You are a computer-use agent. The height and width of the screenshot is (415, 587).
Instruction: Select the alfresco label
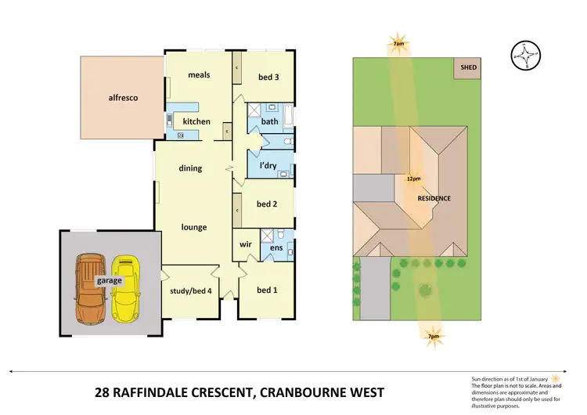pos(123,98)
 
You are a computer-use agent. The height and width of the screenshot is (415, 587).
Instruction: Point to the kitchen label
pos(196,121)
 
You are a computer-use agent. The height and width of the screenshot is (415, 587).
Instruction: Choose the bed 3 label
pos(268,76)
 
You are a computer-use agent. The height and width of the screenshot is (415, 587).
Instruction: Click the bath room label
pos(270,121)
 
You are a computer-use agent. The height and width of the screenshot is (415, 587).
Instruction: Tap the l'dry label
pos(268,166)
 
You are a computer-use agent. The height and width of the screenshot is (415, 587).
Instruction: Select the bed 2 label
pos(268,204)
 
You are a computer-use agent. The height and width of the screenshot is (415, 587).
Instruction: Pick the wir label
pos(245,245)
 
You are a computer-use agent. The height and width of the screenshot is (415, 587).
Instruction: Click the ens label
pos(275,248)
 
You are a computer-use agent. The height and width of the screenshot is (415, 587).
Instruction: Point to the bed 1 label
pos(267,290)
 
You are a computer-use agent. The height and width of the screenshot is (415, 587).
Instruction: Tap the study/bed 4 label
pos(189,291)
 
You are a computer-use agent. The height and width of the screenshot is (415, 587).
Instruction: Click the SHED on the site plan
pos(468,67)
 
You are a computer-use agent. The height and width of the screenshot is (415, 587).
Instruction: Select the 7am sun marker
pos(399,43)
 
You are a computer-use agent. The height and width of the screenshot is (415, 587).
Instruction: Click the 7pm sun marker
pos(433,337)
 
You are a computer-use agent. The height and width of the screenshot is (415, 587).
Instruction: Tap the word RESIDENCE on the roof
pos(434,198)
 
